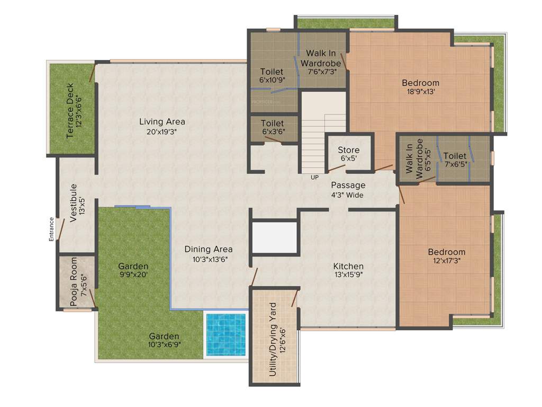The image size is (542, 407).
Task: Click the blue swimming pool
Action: (225, 334)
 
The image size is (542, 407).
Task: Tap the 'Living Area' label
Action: (162, 122)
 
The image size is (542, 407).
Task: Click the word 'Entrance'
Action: (51, 229)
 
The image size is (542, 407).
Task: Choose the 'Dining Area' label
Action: (208, 249)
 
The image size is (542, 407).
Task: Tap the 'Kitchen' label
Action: (348, 266)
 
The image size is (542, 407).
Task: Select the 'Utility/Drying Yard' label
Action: (273, 339)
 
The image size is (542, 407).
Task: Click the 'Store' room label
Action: (348, 151)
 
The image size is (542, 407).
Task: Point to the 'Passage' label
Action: (348, 185)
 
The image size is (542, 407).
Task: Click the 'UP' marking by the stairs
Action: (314, 178)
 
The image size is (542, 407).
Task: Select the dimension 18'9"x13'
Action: (420, 91)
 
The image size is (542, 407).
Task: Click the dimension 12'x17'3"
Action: (446, 261)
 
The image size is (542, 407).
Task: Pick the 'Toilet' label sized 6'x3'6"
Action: (272, 123)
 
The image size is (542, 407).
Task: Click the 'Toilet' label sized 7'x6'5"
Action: (455, 156)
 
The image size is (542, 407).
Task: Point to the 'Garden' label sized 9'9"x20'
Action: (133, 266)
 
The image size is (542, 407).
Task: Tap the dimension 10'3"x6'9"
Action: (164, 345)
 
